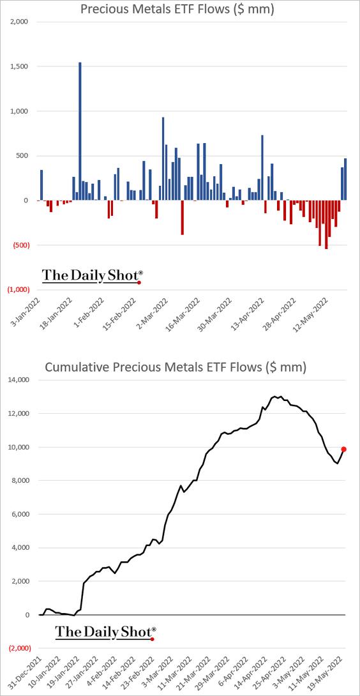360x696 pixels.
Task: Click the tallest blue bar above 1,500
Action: point(80,132)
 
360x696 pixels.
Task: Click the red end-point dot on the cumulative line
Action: point(343,449)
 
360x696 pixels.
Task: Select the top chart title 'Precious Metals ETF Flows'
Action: point(177,9)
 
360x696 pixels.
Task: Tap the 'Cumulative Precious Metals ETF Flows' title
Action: point(177,368)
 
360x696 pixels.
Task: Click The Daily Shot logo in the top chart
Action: point(93,276)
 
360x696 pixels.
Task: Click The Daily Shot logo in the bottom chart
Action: point(106,633)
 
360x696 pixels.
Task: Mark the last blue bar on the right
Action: point(345,179)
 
